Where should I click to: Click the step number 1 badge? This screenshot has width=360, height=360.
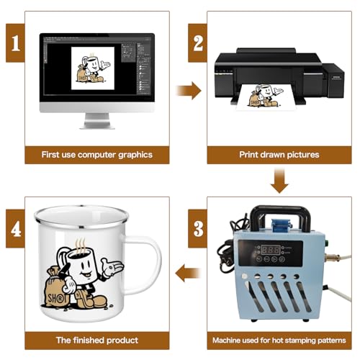pyautogui.click(x=15, y=43)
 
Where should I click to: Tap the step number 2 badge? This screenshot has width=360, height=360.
pyautogui.click(x=197, y=43)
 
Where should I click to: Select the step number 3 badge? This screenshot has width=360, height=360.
pyautogui.click(x=197, y=228)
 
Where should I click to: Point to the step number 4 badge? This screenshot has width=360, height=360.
pyautogui.click(x=15, y=228)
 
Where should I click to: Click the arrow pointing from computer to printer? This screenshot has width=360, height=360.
pyautogui.click(x=189, y=91)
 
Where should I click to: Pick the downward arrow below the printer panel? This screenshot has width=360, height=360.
pyautogui.click(x=279, y=181)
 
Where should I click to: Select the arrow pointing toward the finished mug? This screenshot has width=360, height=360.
pyautogui.click(x=188, y=273)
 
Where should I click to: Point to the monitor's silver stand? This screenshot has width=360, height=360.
pyautogui.click(x=97, y=121)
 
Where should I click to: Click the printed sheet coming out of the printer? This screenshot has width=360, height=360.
pyautogui.click(x=266, y=96)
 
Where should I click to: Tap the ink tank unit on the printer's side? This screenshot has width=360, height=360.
pyautogui.click(x=333, y=81)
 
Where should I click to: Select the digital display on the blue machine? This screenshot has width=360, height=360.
pyautogui.click(x=271, y=250)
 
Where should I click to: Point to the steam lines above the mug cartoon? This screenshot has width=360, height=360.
pyautogui.click(x=81, y=246)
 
